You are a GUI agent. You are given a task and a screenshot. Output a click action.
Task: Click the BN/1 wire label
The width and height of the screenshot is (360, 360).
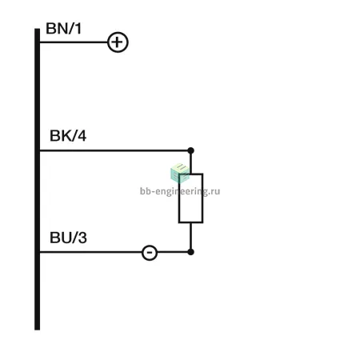tap(63, 29)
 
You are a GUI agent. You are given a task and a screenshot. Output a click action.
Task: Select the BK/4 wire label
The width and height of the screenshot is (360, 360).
tap(68, 136)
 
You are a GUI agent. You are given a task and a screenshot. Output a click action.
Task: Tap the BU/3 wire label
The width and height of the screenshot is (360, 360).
tap(68, 238)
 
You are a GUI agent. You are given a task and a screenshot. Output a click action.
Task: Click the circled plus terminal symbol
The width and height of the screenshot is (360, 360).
tap(118, 42)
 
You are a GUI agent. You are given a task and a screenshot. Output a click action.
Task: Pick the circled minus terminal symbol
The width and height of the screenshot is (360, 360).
tap(150, 252)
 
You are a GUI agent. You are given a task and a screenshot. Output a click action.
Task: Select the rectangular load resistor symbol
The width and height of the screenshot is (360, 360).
tap(190, 198)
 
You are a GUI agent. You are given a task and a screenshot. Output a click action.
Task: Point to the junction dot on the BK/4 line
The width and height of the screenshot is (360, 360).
tap(190, 150)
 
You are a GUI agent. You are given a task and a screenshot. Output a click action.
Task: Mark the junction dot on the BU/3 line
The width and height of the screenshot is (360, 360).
tap(190, 252)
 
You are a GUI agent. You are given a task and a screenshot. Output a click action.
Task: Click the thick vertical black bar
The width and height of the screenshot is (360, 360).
tap(38, 179)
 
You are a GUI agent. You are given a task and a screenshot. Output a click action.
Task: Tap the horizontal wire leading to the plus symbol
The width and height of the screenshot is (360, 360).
tap(74, 42)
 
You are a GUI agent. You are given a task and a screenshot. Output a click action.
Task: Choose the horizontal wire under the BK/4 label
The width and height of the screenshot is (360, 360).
tap(114, 150)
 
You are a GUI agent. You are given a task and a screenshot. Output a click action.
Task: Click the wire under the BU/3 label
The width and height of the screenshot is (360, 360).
tap(91, 252)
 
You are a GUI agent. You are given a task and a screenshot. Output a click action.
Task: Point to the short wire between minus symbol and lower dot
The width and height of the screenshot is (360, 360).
tap(173, 252)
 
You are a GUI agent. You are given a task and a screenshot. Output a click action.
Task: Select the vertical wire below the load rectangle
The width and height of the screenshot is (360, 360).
tap(190, 236)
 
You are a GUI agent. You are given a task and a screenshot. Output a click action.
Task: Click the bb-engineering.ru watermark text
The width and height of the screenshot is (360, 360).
tap(180, 191)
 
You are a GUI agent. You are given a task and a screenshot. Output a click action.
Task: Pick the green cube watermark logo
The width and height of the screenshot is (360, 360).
tap(180, 173)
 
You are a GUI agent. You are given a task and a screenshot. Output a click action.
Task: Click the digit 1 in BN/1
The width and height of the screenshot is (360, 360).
tap(78, 29)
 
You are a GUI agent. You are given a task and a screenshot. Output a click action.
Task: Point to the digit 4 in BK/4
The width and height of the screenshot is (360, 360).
tap(82, 136)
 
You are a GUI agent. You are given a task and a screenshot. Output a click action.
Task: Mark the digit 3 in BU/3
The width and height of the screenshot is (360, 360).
tap(82, 238)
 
